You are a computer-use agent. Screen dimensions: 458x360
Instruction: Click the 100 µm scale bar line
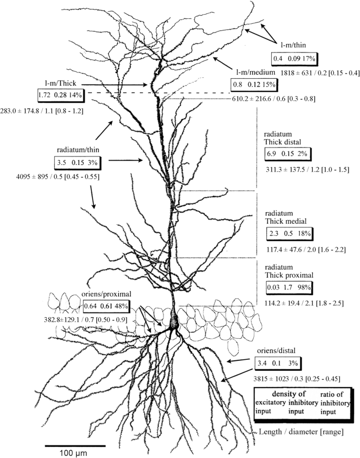point(75,445)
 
